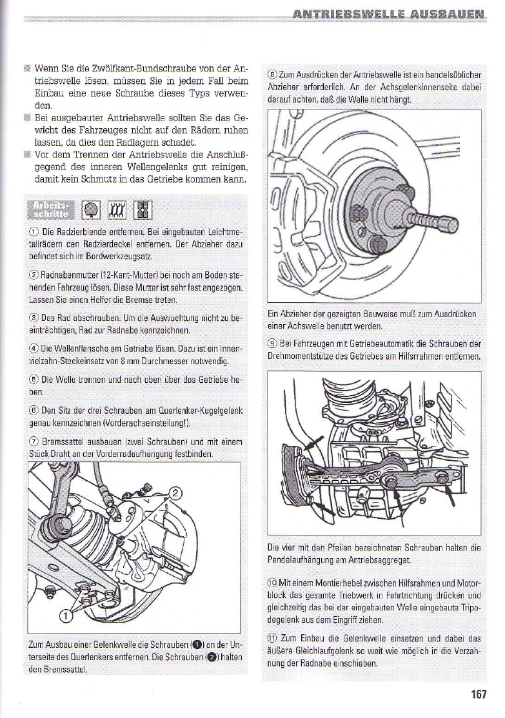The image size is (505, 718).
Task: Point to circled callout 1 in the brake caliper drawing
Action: [x=66, y=616]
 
